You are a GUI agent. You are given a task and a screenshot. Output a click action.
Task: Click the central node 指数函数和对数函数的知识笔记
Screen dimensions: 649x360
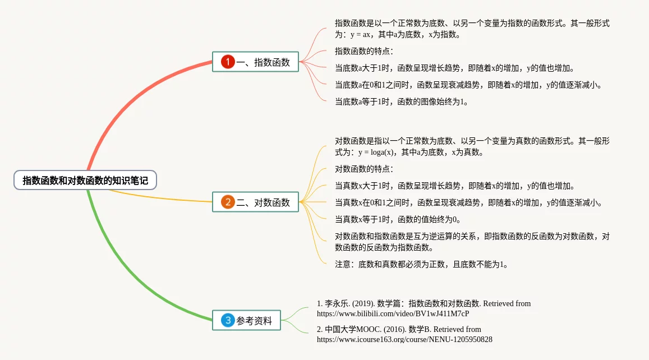pos(85,180)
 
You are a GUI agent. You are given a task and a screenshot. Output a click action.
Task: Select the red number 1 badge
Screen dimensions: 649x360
pos(227,62)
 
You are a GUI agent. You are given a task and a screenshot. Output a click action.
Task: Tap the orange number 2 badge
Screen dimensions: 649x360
pos(227,202)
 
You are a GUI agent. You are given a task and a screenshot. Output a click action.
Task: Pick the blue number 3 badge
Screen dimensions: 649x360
pos(227,320)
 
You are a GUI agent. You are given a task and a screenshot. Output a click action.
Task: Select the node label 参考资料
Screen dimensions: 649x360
pos(254,321)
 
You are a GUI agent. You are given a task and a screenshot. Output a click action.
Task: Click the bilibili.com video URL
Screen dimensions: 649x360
pos(393,313)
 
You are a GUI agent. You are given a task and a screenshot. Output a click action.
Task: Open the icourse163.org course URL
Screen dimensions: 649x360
pos(404,339)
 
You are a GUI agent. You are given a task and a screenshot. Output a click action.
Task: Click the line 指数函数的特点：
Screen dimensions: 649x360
pos(364,52)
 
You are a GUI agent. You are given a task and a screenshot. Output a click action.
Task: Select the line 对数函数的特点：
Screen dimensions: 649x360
pos(364,169)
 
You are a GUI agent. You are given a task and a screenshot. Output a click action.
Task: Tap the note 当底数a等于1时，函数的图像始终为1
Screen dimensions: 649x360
pos(401,101)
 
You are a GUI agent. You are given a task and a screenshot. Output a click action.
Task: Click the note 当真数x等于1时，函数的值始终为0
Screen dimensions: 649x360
pos(398,219)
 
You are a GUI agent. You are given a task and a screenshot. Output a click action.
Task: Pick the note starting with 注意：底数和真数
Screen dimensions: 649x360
pos(421,264)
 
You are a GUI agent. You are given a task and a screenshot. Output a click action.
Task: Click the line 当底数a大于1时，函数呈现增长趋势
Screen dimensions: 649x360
pos(454,68)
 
